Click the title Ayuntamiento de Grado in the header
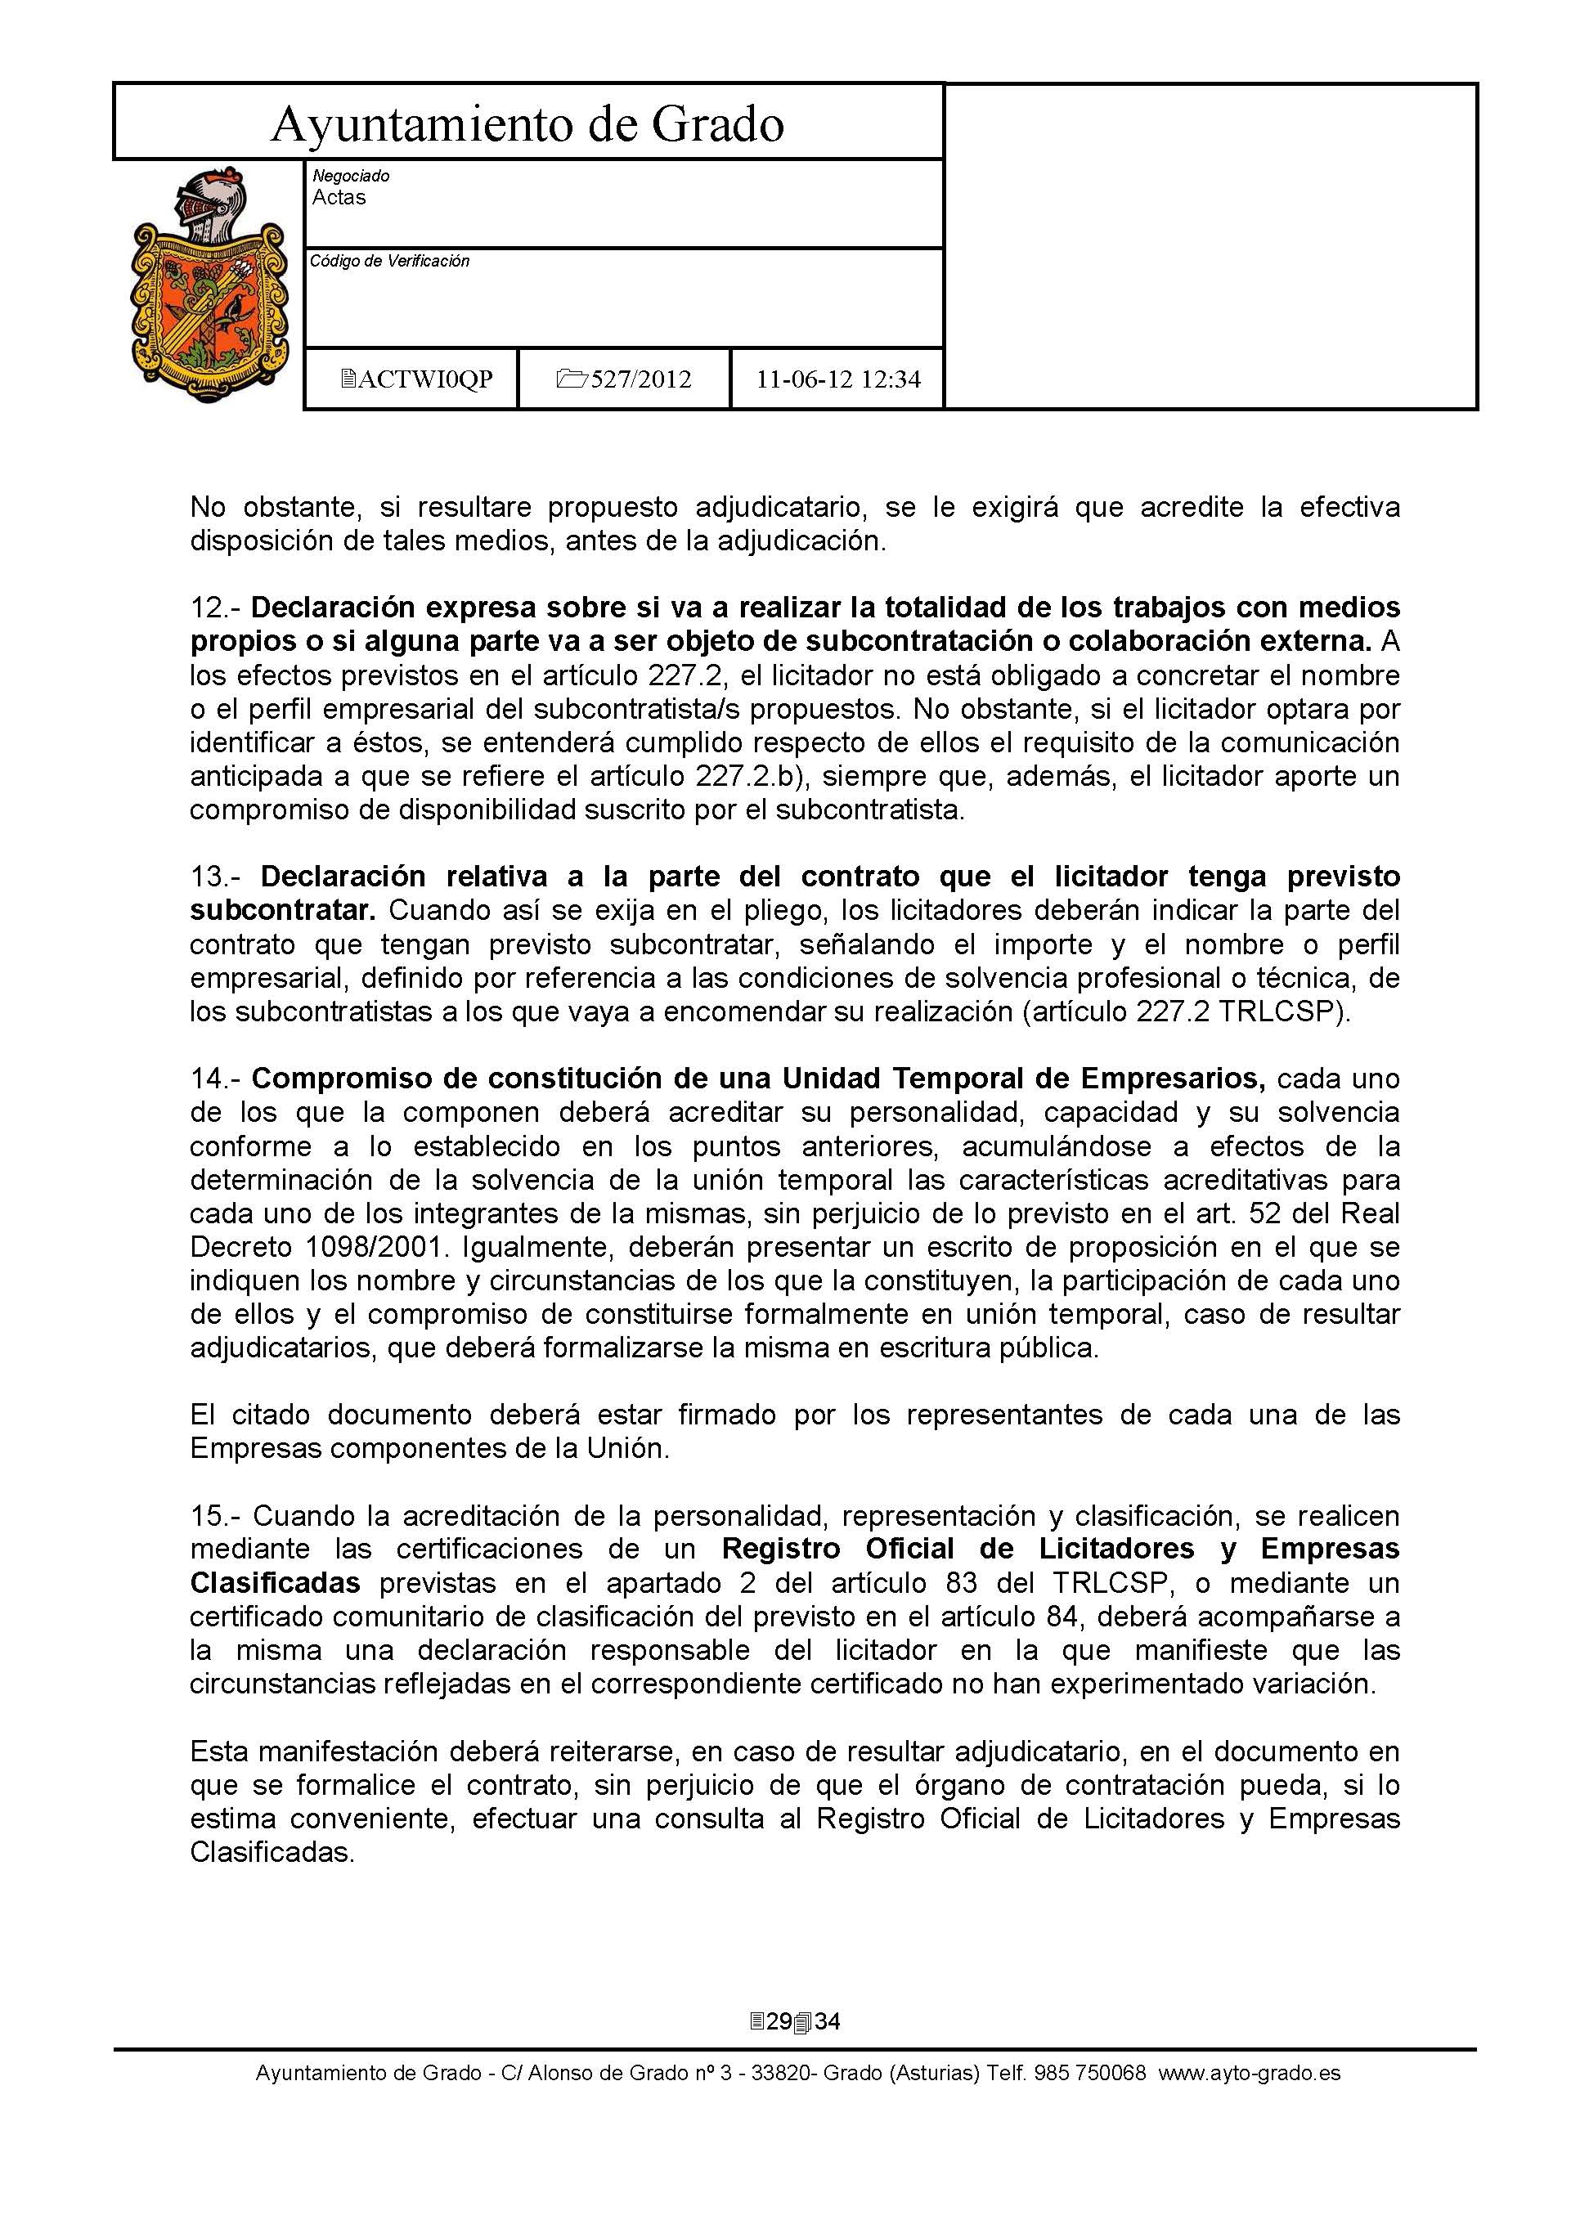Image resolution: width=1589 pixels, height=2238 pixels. [x=527, y=124]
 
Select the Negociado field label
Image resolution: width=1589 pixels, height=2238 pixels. [x=350, y=176]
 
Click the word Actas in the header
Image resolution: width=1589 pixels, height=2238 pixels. [x=339, y=198]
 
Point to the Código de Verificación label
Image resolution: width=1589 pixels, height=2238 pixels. [x=389, y=261]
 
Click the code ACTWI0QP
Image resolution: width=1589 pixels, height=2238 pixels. [x=424, y=379]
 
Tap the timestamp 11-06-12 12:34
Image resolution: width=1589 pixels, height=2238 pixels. [x=838, y=379]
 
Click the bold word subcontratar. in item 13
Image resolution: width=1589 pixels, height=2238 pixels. [x=283, y=910]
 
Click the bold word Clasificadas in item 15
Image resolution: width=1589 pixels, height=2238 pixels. [x=275, y=1583]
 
